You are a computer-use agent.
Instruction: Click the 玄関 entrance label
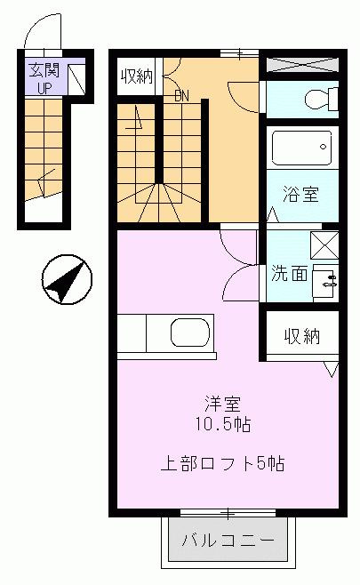pyautogui.click(x=44, y=68)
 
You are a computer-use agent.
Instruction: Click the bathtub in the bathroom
pyautogui.click(x=302, y=149)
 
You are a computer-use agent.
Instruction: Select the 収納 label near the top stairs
pyautogui.click(x=137, y=76)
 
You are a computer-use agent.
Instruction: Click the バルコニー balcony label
pyautogui.click(x=228, y=540)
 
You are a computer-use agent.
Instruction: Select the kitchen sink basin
pyautogui.click(x=190, y=333)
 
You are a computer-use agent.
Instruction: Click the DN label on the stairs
pyautogui.click(x=182, y=95)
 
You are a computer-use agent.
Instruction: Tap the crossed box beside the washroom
pyautogui.click(x=324, y=243)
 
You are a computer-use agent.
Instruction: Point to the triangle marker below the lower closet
pyautogui.click(x=331, y=368)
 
